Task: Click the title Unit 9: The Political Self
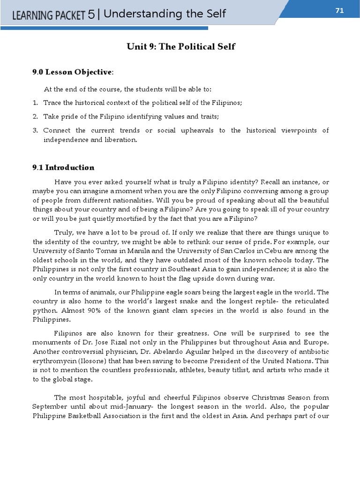[x=180, y=46]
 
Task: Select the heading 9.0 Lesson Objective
[x=72, y=72]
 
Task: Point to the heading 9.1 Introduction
[x=63, y=167]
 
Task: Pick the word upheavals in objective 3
[x=199, y=130]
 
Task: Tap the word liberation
[x=121, y=140]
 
